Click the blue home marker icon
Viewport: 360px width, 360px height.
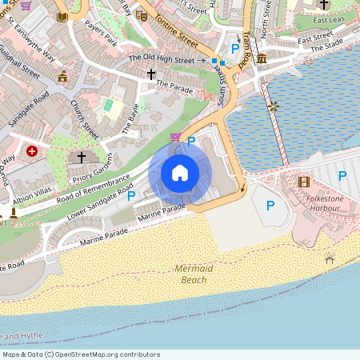click(180, 173)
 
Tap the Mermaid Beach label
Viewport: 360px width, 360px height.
click(194, 274)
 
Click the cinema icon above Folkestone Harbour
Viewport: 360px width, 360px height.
click(303, 182)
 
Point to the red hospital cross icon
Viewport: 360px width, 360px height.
click(32, 150)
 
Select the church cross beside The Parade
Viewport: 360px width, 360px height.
click(150, 74)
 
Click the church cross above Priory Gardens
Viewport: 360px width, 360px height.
click(81, 158)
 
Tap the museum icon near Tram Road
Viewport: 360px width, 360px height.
click(262, 59)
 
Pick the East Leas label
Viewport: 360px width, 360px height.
click(330, 20)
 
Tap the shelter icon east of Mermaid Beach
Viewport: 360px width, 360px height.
click(330, 258)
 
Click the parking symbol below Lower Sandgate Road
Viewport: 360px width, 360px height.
click(130, 195)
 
